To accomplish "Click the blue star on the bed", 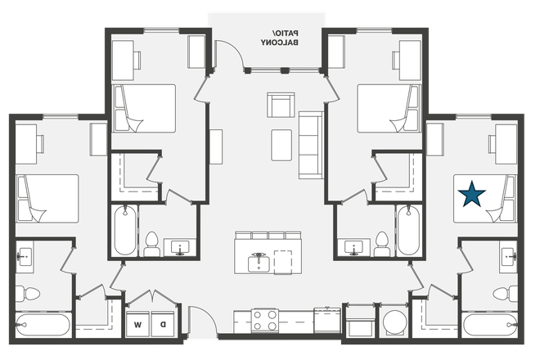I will [x=472, y=194].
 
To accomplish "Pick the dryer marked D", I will [x=163, y=322].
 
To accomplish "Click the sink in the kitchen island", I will [x=259, y=261].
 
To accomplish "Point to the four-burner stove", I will [x=266, y=319].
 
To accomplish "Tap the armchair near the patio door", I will [x=279, y=106].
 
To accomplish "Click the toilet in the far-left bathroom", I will [x=26, y=291].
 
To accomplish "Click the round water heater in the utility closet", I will [x=394, y=322].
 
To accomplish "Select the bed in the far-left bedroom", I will [x=47, y=199].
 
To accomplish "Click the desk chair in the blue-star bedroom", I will [x=498, y=144].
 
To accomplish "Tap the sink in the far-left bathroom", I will [x=25, y=256].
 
